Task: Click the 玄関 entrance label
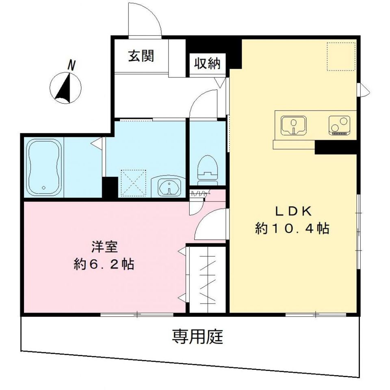coord(141,56)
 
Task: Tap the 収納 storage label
coord(206,63)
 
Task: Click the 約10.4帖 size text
coord(292,229)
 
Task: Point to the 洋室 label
coord(104,247)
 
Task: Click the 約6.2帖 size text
coord(104,265)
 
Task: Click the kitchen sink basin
coord(293,125)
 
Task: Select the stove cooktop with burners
coord(339,125)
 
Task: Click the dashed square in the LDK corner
coord(341,56)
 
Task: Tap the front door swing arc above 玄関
coord(145,19)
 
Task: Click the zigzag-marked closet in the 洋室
coord(207,279)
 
